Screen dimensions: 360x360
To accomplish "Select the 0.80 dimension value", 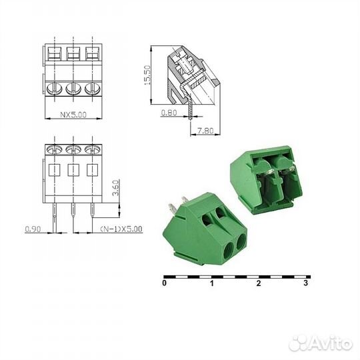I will click(x=168, y=113).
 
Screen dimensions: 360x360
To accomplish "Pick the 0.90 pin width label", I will click(x=33, y=229).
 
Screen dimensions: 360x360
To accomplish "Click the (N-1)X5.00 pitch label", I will click(x=121, y=229).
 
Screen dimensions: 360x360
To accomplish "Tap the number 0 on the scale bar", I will click(x=164, y=283).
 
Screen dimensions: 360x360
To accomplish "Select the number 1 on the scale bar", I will click(x=211, y=283).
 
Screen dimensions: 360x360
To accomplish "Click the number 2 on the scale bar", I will click(x=258, y=283).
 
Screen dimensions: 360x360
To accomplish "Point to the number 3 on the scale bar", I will click(x=305, y=283).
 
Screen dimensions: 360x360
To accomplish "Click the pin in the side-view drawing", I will click(x=191, y=110).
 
